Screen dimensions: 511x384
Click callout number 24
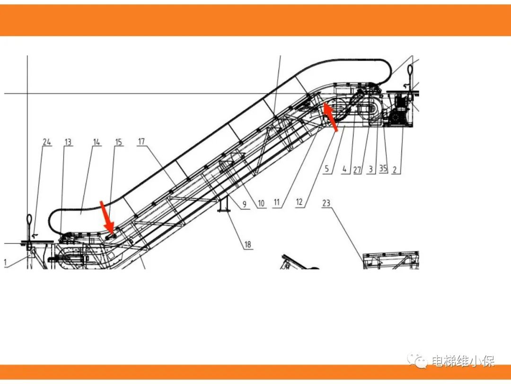point(47,142)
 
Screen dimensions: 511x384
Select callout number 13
point(68,142)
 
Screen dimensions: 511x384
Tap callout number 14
point(97,142)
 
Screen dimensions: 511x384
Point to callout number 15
point(119,142)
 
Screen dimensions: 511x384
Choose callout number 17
point(141,141)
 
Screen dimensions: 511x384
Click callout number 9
point(245,205)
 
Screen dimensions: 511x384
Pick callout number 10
point(261,204)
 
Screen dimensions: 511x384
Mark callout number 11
point(277,202)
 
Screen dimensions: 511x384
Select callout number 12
point(299,202)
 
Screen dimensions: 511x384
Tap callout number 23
point(326,203)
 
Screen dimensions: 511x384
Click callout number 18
point(247,244)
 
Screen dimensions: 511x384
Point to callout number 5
point(327,169)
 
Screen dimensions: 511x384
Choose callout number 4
point(344,169)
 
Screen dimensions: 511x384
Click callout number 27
point(357,169)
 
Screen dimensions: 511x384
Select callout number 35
point(383,168)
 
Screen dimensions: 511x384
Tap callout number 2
point(395,169)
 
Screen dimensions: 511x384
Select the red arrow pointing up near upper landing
point(330,116)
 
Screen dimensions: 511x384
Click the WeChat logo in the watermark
point(418,360)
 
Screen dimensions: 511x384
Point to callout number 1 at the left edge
point(5,262)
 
